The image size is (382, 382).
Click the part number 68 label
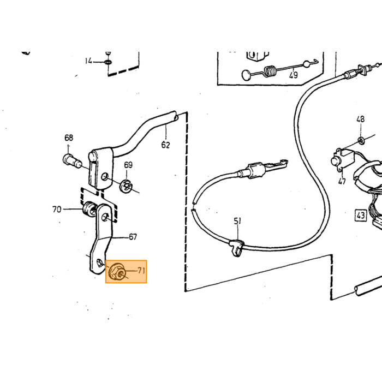coord(69,138)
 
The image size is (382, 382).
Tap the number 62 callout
coord(165,145)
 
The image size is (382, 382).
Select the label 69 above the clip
coord(128,165)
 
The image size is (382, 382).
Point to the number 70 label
coord(57,209)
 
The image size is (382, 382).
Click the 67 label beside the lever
coord(133,237)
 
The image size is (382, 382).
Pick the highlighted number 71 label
coord(141,271)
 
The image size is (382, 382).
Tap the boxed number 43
coord(361,216)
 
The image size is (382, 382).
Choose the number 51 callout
coord(237,221)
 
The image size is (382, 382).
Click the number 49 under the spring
coord(294,75)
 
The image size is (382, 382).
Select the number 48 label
coord(360,120)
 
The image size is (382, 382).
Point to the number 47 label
coord(342,181)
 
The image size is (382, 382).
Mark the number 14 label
coord(88,61)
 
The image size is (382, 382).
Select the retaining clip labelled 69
coord(126,187)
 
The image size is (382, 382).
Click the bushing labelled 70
coord(88,209)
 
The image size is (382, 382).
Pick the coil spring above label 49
coord(271,71)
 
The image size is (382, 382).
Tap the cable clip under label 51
coord(236,248)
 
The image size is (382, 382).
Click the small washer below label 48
coord(361,141)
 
